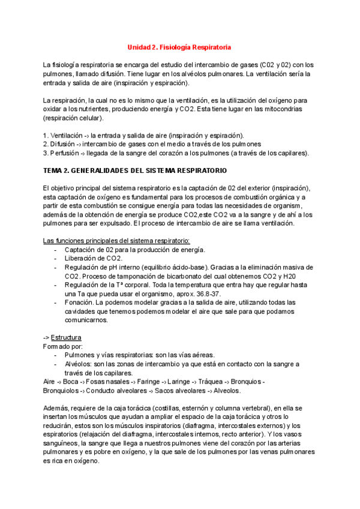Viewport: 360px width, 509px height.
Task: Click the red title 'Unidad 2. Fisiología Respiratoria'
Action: tap(179, 47)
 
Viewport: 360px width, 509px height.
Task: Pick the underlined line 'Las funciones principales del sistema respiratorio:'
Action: tap(116, 241)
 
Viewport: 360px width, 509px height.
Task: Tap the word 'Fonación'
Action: tap(78, 303)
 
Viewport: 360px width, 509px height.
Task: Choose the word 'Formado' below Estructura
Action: tap(57, 346)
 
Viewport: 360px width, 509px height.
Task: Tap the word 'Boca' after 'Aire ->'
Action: tap(71, 382)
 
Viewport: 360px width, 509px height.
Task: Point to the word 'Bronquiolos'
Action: tap(62, 391)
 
